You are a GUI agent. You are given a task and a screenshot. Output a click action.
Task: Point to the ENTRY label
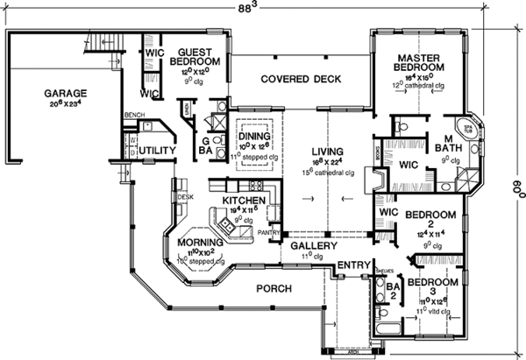353,265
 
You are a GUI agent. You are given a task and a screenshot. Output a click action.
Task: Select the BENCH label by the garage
134,115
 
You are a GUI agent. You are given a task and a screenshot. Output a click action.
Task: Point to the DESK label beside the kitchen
185,197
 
